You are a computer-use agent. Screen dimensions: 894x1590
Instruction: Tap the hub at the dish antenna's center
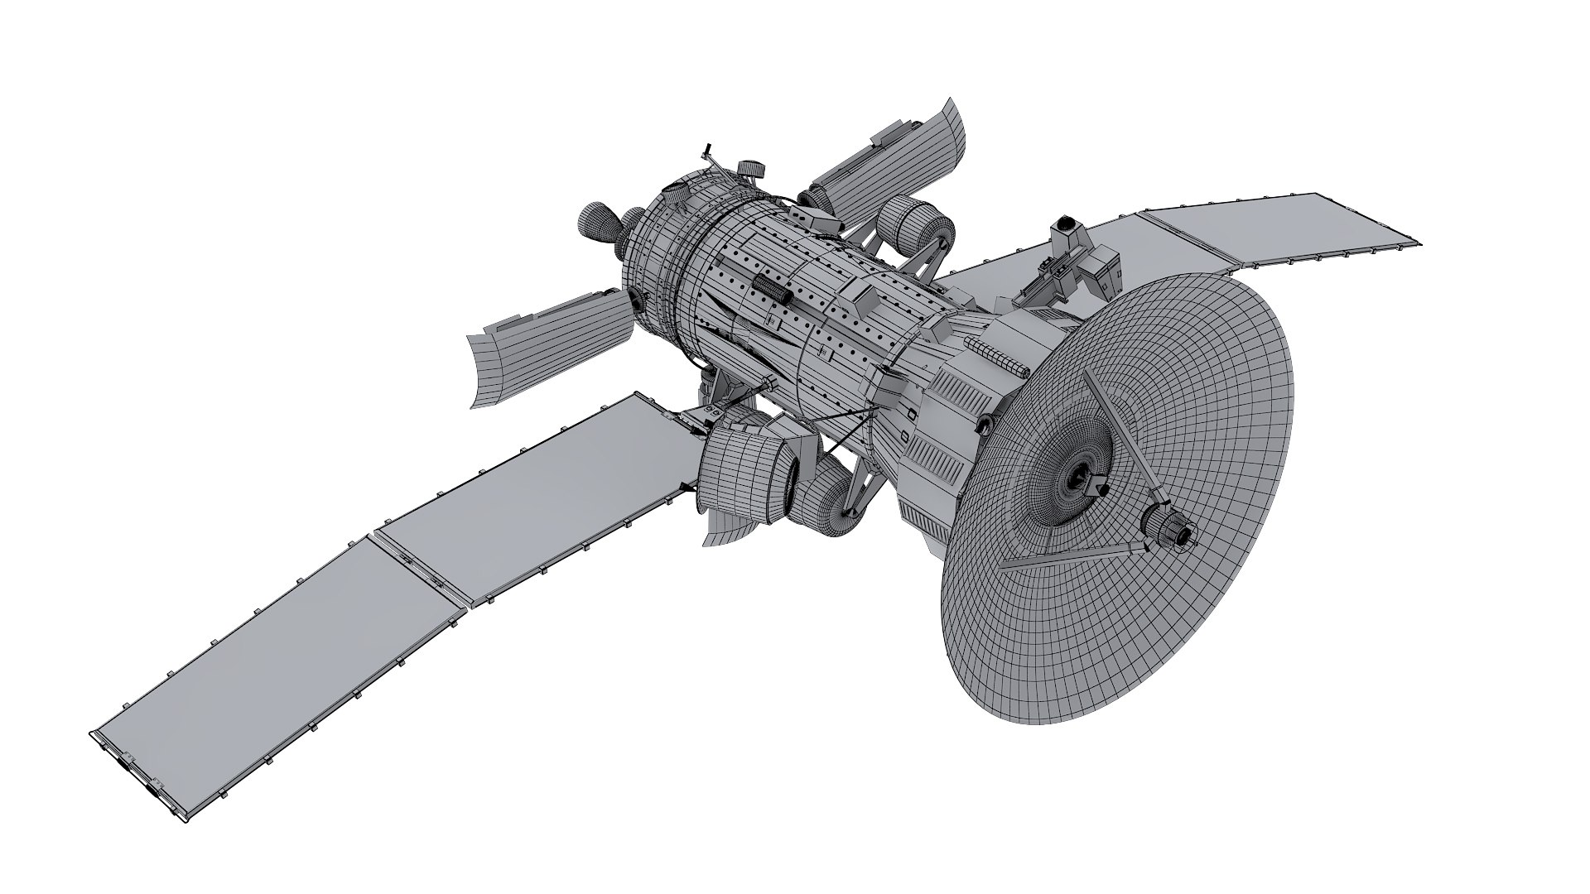tap(1079, 475)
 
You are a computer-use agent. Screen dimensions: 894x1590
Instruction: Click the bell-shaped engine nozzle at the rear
tap(595, 224)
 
